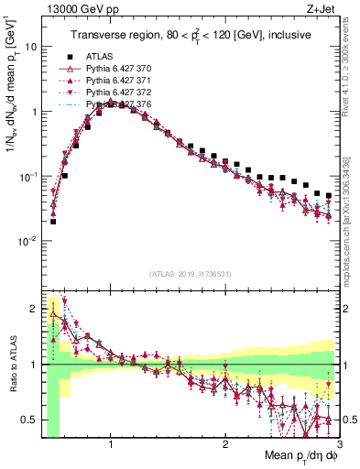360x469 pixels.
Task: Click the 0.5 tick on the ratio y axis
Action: coord(29,420)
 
